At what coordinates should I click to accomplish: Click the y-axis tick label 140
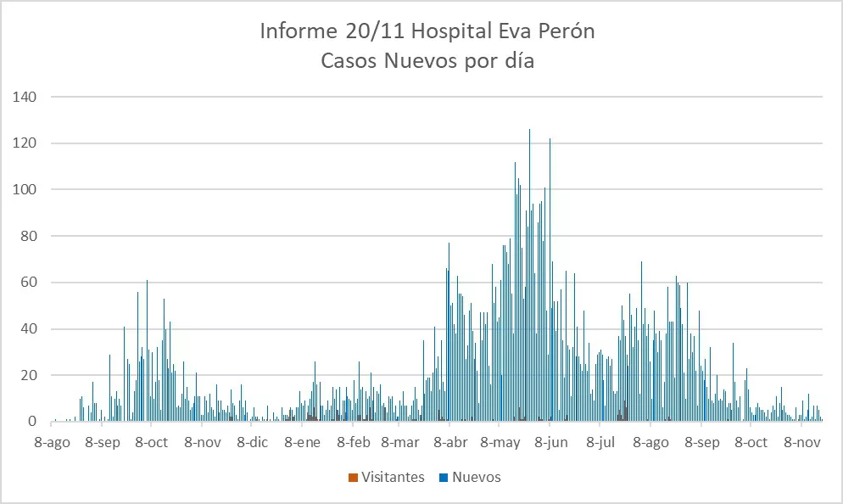coord(25,97)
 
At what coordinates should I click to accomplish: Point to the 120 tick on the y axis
coord(25,143)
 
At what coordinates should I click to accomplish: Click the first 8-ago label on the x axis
coord(52,442)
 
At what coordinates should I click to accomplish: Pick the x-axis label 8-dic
coord(252,442)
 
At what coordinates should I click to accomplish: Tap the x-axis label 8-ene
coord(303,442)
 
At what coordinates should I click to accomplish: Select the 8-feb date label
coord(354,442)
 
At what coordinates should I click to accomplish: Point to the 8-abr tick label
coord(450,442)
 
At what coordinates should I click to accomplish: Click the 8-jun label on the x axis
coord(550,442)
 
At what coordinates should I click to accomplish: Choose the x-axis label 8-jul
coord(600,442)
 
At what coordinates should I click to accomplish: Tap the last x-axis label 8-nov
coord(801,442)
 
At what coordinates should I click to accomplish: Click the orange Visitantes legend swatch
coord(353,478)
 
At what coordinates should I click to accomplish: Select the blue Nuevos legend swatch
coord(444,478)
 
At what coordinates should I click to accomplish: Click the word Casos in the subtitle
coord(349,61)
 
